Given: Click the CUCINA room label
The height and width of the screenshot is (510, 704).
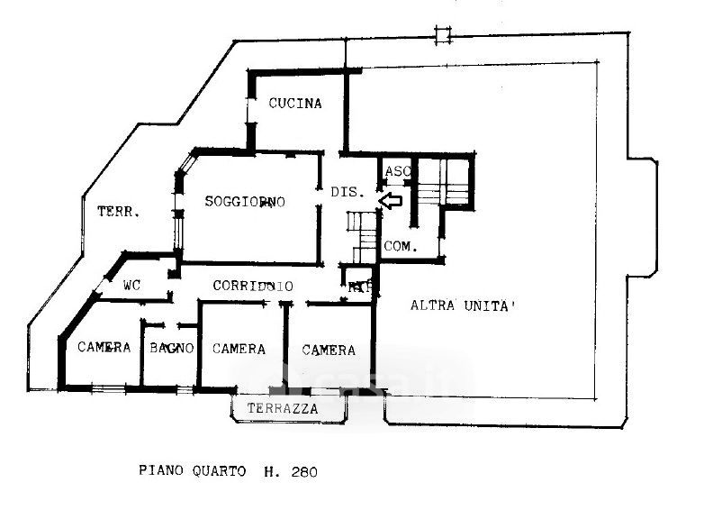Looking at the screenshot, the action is point(294,104).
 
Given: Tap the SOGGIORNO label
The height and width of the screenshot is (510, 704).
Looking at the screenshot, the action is point(244,202).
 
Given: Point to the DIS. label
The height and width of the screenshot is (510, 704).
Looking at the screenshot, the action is point(347,192).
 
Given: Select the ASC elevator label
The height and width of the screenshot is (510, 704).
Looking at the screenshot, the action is point(397,171).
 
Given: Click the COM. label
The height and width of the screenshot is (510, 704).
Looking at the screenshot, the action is point(399,246).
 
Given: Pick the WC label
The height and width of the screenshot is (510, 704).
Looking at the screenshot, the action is point(132,286).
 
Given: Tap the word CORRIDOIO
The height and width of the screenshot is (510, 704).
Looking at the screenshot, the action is point(253,286).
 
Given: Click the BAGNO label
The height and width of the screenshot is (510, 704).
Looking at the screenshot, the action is point(172,348).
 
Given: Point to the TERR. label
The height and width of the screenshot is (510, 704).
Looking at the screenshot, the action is point(118,213).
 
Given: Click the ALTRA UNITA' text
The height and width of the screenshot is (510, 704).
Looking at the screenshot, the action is point(463,305).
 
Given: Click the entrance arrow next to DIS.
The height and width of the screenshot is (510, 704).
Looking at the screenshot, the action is point(390,200).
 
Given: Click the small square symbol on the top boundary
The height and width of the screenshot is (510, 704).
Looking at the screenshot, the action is point(441,36).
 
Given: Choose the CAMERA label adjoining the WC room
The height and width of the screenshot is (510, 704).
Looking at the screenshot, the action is point(104,348).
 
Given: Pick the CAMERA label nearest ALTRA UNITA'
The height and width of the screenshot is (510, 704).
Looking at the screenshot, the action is point(329,350).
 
